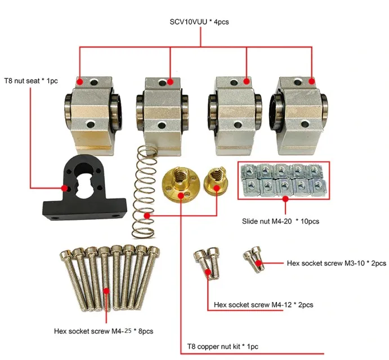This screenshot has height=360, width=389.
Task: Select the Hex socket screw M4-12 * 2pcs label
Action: point(263,305)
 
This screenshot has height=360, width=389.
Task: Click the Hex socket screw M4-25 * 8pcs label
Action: point(103,331)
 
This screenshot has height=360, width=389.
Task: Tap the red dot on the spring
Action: point(147,215)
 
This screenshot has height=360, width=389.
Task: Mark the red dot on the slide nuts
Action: point(285,198)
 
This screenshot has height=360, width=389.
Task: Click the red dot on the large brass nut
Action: point(180,195)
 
